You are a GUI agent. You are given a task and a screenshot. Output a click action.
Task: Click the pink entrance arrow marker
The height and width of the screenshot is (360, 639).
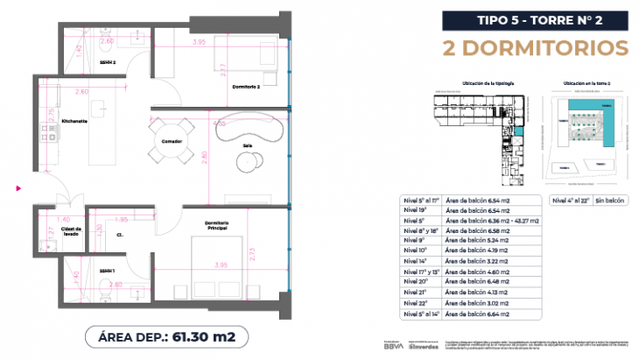click(18, 187)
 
